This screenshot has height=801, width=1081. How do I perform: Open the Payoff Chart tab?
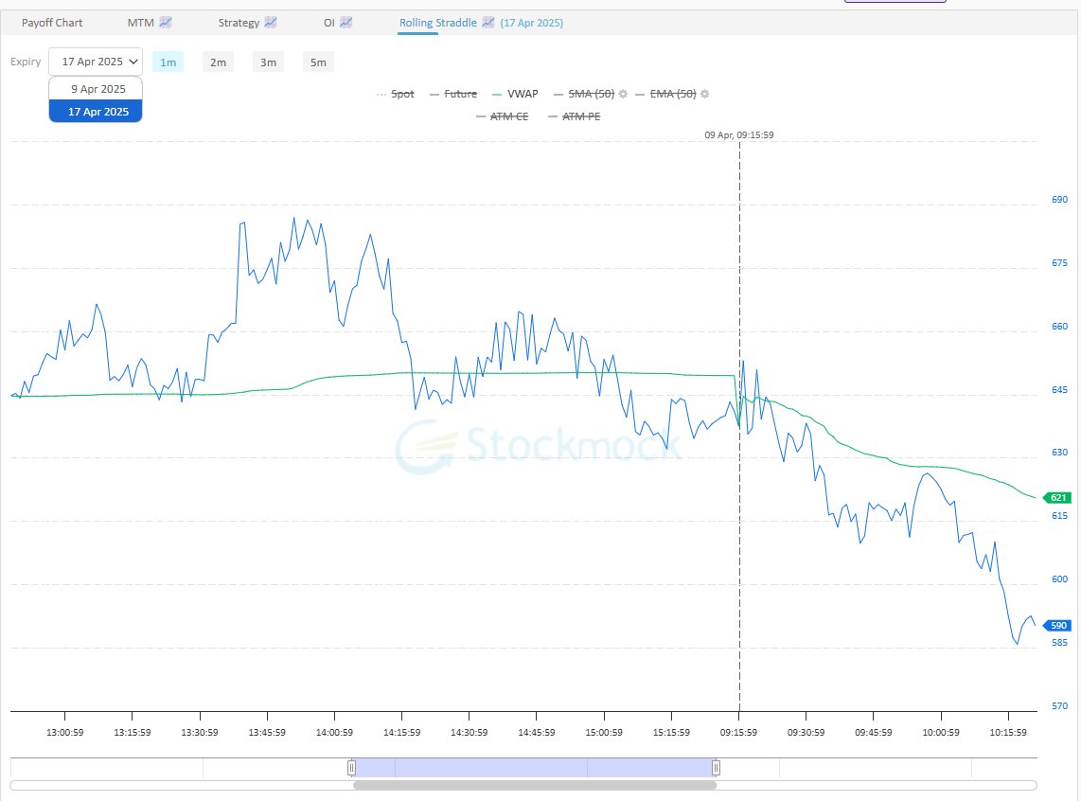coord(52,22)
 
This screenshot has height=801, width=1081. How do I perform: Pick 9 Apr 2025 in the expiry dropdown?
coord(97,89)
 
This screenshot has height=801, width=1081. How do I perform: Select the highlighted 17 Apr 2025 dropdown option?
coord(97,111)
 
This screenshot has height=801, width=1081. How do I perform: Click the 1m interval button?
coord(168,62)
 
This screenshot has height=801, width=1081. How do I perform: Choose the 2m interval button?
coord(218,62)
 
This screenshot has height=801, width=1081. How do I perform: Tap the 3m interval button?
coord(268,62)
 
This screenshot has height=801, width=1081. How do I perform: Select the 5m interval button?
coord(318,62)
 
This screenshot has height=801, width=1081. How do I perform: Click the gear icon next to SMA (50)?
coord(624,94)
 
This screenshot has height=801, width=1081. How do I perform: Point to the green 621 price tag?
coord(1057,498)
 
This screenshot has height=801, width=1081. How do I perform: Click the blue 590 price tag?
coord(1057,626)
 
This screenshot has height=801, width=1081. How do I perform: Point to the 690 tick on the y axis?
coord(1059,200)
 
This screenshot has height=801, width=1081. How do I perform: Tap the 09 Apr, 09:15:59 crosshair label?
coord(739,135)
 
